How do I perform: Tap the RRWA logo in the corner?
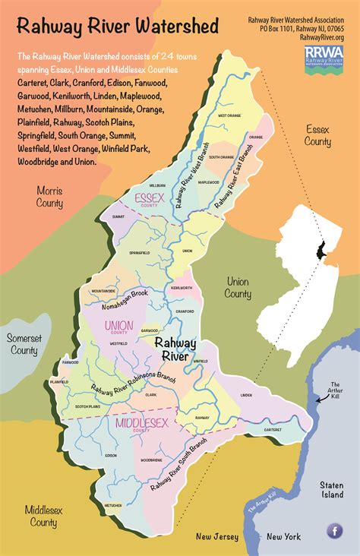(x=324, y=55)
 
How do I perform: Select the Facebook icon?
(x=334, y=531)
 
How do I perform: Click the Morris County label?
(x=49, y=197)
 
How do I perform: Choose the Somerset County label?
(x=24, y=344)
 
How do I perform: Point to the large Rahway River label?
(x=179, y=349)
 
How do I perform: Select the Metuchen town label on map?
(x=112, y=504)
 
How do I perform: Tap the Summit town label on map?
(x=118, y=216)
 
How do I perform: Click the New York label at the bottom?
(x=283, y=537)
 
